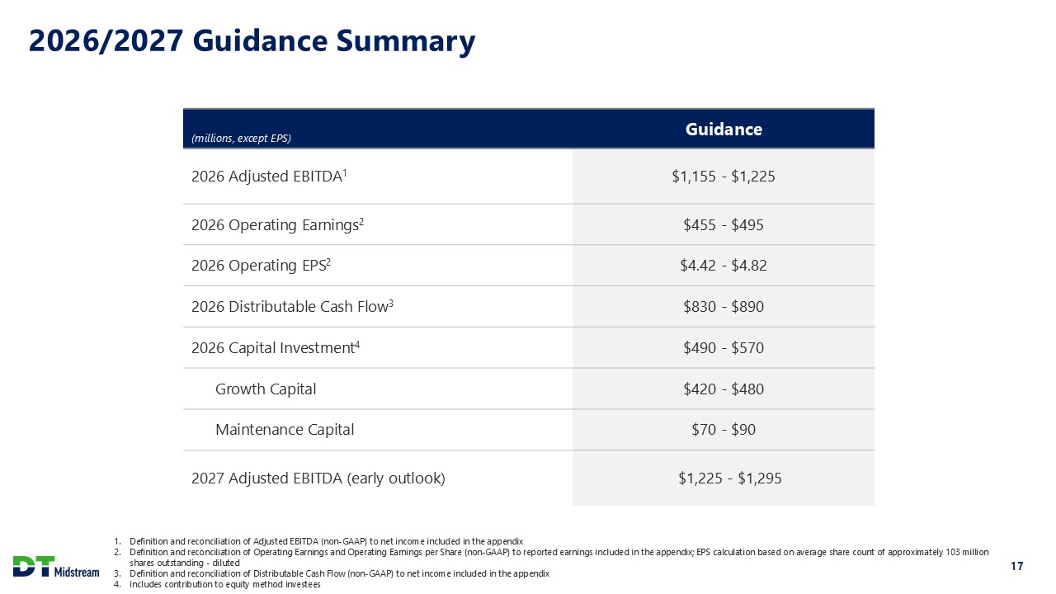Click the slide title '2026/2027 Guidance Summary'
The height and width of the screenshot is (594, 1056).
(252, 41)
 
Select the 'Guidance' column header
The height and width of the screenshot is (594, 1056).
(724, 130)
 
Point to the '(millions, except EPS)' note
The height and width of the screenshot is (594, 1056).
(241, 139)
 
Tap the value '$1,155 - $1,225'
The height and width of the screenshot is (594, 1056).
(724, 176)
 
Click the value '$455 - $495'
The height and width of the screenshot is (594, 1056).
(724, 224)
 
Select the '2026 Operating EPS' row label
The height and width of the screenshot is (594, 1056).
(261, 266)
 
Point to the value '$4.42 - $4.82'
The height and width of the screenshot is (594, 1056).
(724, 266)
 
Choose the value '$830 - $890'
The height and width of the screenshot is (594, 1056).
(724, 307)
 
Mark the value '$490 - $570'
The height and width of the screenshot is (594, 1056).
(724, 348)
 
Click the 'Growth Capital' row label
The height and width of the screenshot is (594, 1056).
(266, 389)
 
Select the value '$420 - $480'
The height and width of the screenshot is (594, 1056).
(724, 389)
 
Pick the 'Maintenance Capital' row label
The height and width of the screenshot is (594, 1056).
(285, 430)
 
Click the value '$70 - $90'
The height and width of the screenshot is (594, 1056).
(724, 430)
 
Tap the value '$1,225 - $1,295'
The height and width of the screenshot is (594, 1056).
(724, 478)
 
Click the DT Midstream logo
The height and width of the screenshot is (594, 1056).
(55, 568)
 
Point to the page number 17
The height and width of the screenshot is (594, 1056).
(1016, 566)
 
